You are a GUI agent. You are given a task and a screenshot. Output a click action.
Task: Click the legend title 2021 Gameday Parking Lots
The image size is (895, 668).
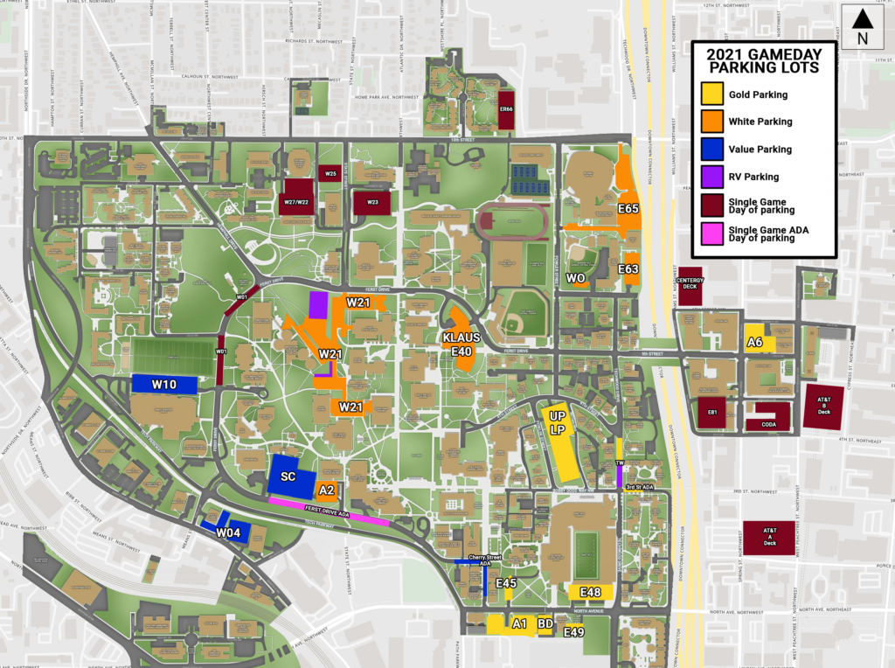click(x=763, y=60)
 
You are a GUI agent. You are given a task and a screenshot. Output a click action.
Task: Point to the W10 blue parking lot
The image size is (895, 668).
click(x=164, y=384)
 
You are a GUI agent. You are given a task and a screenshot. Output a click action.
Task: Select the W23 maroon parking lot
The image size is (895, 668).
click(x=372, y=201)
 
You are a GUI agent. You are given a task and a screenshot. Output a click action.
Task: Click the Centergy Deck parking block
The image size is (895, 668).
click(x=690, y=286)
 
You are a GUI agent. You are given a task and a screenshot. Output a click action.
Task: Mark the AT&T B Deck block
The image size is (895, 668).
click(x=823, y=407)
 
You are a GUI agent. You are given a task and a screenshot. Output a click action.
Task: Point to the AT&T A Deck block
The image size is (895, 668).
click(x=769, y=537)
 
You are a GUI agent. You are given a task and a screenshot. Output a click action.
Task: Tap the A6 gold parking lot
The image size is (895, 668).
click(x=757, y=341)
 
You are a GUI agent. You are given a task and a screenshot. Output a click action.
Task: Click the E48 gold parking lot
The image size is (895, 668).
click(x=590, y=593)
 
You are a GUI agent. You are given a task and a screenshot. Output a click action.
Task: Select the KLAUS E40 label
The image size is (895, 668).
click(x=461, y=344)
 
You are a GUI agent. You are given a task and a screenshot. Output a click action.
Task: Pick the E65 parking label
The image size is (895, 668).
click(x=628, y=209)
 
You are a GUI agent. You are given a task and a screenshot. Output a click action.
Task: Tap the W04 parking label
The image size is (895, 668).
click(x=227, y=532)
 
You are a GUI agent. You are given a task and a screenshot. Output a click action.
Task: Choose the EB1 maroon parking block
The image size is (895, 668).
click(x=712, y=412)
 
